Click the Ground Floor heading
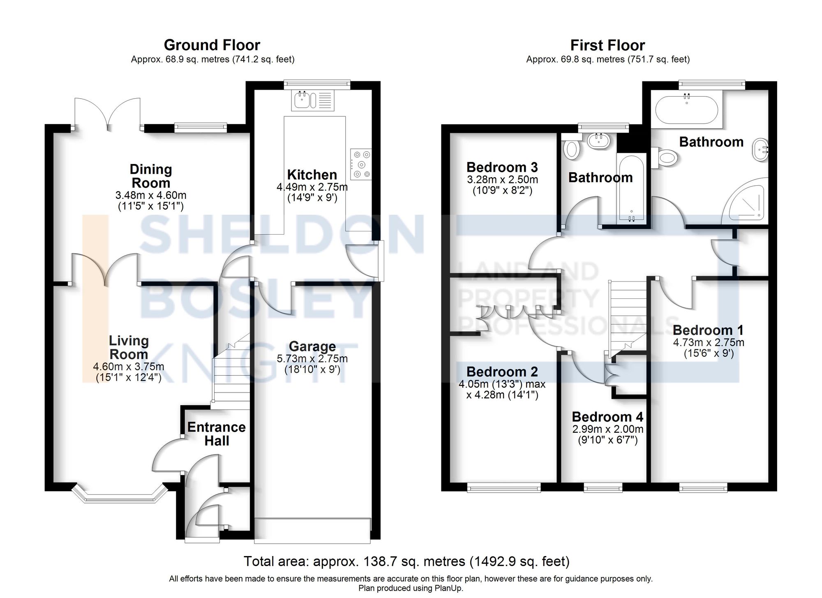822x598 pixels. tap(212, 45)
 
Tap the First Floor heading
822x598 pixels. tap(607, 45)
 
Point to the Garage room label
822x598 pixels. tap(312, 346)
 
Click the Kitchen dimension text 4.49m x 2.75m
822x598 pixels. tap(312, 187)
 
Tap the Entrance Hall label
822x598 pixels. tap(216, 434)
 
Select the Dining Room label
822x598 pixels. tap(151, 176)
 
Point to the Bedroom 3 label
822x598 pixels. tap(502, 167)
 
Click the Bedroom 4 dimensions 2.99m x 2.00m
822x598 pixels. tap(607, 429)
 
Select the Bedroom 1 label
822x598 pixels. tap(708, 330)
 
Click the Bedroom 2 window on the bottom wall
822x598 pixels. tap(503, 488)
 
